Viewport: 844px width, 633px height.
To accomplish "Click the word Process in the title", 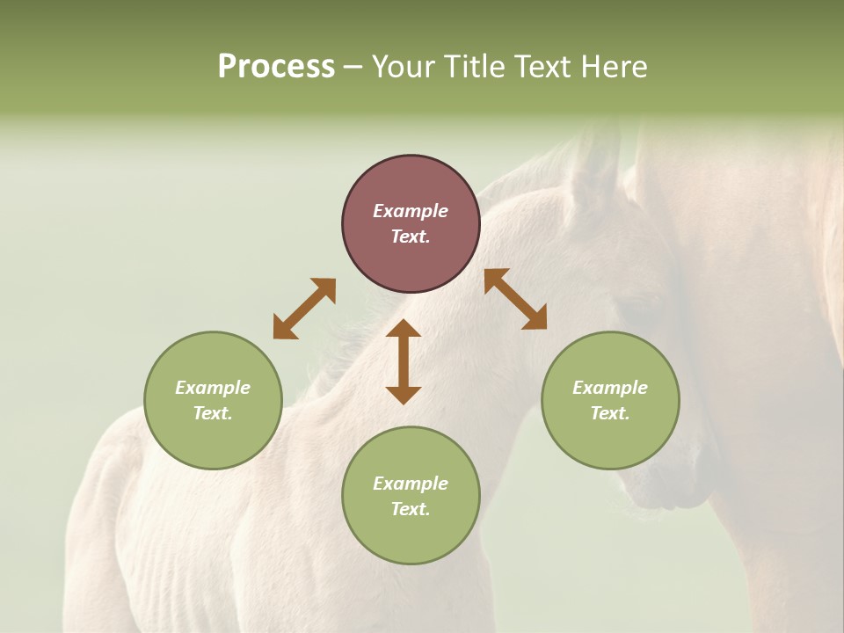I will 276,67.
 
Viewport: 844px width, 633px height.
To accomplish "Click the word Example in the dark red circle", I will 411,211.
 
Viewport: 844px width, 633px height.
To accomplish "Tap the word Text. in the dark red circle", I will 411,236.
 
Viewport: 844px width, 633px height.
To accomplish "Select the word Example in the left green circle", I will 213,388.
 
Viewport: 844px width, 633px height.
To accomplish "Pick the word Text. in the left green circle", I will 213,413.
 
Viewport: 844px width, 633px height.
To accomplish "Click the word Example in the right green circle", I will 610,388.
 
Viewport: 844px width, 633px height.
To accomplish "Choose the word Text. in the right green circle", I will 610,413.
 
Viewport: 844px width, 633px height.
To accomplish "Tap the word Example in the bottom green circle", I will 411,484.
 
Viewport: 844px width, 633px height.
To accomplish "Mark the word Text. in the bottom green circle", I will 411,509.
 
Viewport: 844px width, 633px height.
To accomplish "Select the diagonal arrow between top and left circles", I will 304,309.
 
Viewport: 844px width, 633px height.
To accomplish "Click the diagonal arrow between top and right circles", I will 516,299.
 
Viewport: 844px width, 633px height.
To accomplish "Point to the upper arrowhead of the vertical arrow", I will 404,328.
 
